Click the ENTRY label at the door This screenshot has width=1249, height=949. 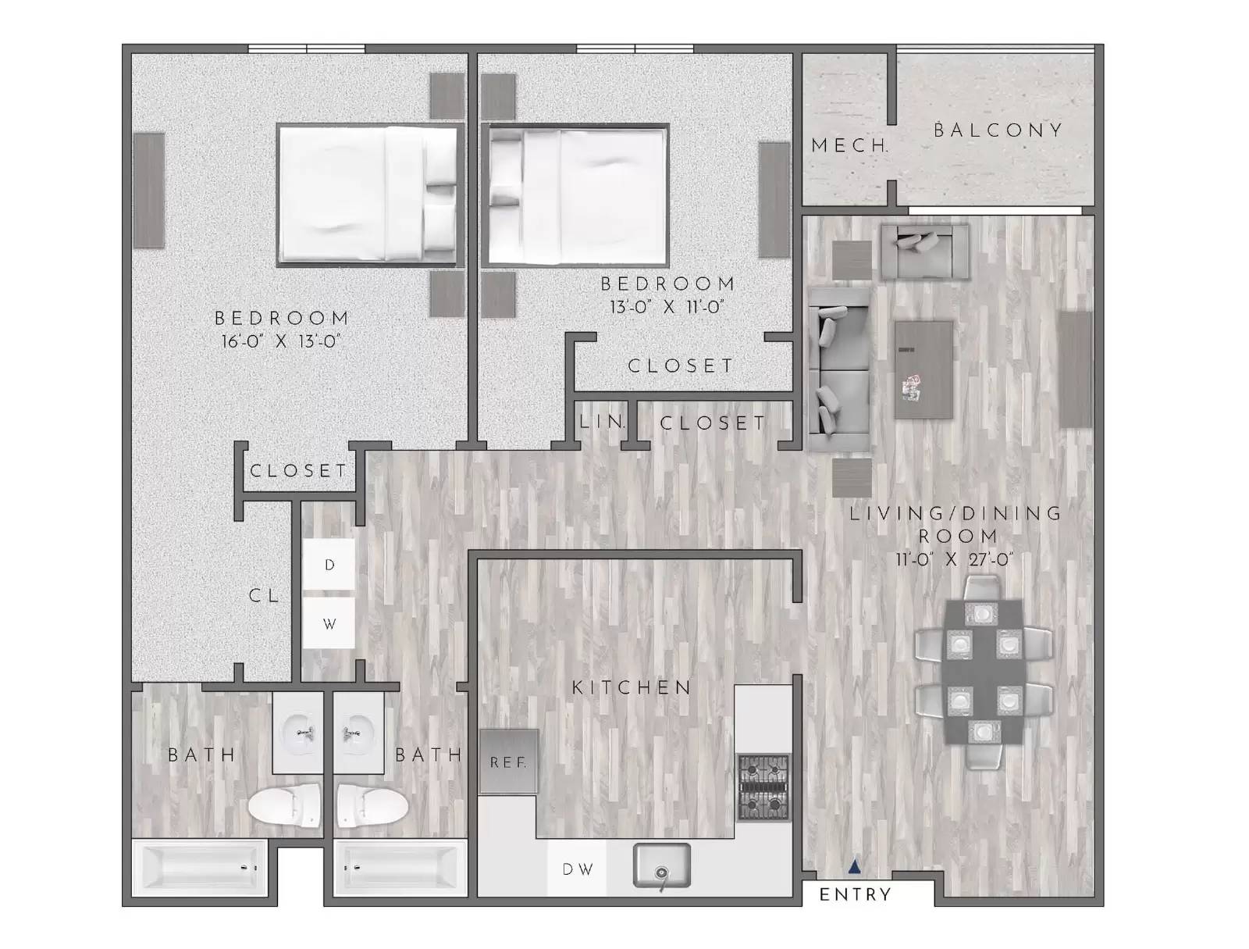(855, 895)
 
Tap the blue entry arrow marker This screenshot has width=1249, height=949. (855, 866)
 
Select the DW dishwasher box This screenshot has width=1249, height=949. (577, 869)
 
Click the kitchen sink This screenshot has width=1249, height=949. (661, 865)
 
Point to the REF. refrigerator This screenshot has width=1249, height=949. (508, 762)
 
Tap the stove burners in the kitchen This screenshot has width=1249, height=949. (763, 787)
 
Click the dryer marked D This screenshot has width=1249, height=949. (329, 564)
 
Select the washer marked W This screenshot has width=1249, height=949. (329, 623)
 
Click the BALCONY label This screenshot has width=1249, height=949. (998, 130)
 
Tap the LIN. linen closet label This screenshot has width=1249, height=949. (602, 423)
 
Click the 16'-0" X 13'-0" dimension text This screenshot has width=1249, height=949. (282, 341)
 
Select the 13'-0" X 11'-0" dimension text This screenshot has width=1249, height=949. (667, 307)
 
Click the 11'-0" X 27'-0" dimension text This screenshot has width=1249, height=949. (955, 559)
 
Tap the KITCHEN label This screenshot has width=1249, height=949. (632, 687)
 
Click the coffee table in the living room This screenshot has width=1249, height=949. (923, 369)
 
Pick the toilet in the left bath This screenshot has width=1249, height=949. (286, 805)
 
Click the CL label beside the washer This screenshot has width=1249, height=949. (264, 595)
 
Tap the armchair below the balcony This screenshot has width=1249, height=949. (925, 252)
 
